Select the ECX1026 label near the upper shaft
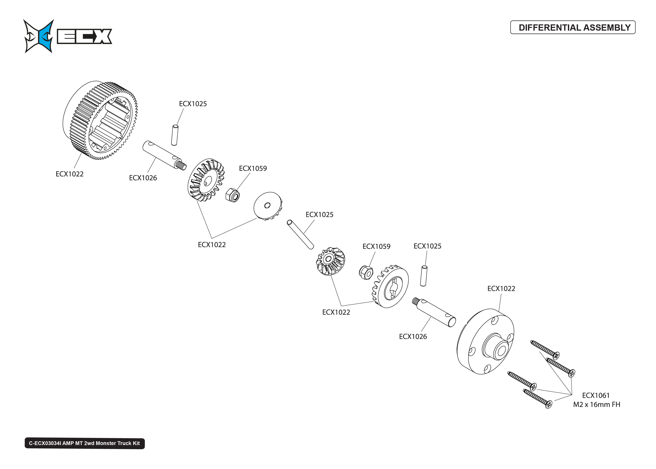(143, 178)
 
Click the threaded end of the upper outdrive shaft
(182, 166)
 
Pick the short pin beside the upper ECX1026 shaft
(174, 135)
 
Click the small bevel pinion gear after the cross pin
(330, 261)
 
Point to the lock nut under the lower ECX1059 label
(366, 272)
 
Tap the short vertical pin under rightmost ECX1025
(423, 276)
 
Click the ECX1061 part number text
(596, 395)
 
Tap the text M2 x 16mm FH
(596, 405)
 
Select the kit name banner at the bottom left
(85, 443)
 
